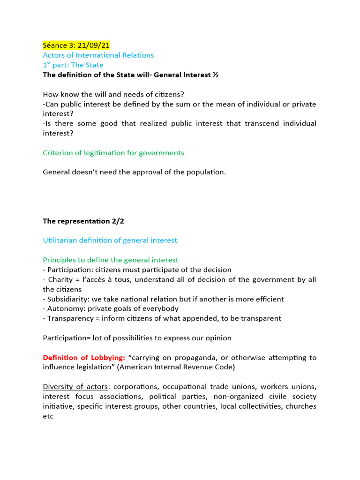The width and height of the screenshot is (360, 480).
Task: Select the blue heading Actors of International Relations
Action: tap(98, 55)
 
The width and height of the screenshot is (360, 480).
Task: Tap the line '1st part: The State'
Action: tap(73, 65)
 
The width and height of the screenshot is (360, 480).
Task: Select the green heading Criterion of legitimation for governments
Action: tap(113, 153)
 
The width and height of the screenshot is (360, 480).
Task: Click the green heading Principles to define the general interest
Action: tap(110, 260)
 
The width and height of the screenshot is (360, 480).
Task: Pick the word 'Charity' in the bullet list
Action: tap(60, 279)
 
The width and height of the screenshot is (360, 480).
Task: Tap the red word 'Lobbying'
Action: tap(108, 357)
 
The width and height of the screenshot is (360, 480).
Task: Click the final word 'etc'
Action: tap(48, 416)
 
